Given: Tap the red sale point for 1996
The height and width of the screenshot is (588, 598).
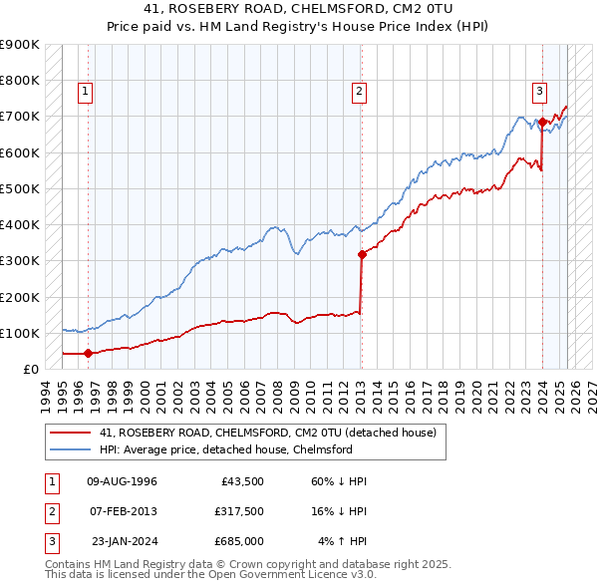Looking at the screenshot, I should pos(88,353).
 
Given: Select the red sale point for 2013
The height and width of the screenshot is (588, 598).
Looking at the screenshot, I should pos(362,254).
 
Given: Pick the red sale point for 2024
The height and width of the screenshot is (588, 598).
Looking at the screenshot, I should pos(542,122).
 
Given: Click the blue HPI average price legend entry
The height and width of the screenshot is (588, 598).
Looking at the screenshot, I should pos(225,450).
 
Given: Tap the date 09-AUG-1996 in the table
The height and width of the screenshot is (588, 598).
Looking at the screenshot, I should pos(123,481).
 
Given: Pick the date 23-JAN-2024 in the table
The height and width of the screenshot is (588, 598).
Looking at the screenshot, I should pos(124,541).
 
